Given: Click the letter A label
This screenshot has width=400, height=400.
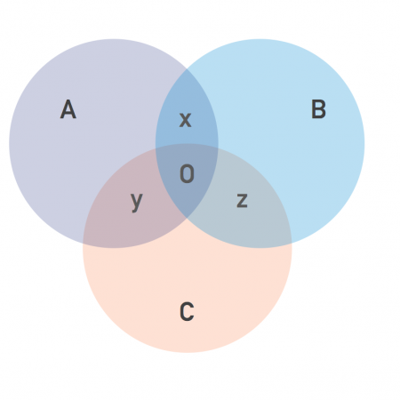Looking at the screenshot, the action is pyautogui.click(x=68, y=109).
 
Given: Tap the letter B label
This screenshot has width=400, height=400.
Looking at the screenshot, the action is pyautogui.click(x=318, y=109).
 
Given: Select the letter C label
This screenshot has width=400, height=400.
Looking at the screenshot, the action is pyautogui.click(x=187, y=312).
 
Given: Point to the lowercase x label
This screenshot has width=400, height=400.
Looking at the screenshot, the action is pyautogui.click(x=186, y=120).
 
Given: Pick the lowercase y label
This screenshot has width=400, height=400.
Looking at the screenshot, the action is pyautogui.click(x=137, y=202).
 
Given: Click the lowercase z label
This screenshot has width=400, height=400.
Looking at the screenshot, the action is pyautogui.click(x=242, y=200).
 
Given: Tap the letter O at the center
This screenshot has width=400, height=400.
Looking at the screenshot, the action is pyautogui.click(x=187, y=173).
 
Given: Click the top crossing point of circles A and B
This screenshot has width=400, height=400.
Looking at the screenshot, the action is pyautogui.click(x=188, y=68).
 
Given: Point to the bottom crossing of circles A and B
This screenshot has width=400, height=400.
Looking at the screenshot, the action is pyautogui.click(x=188, y=219).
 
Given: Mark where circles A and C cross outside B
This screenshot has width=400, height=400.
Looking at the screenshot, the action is pyautogui.click(x=84, y=244).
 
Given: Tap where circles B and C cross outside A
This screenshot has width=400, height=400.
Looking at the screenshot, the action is pyautogui.click(x=292, y=244).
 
